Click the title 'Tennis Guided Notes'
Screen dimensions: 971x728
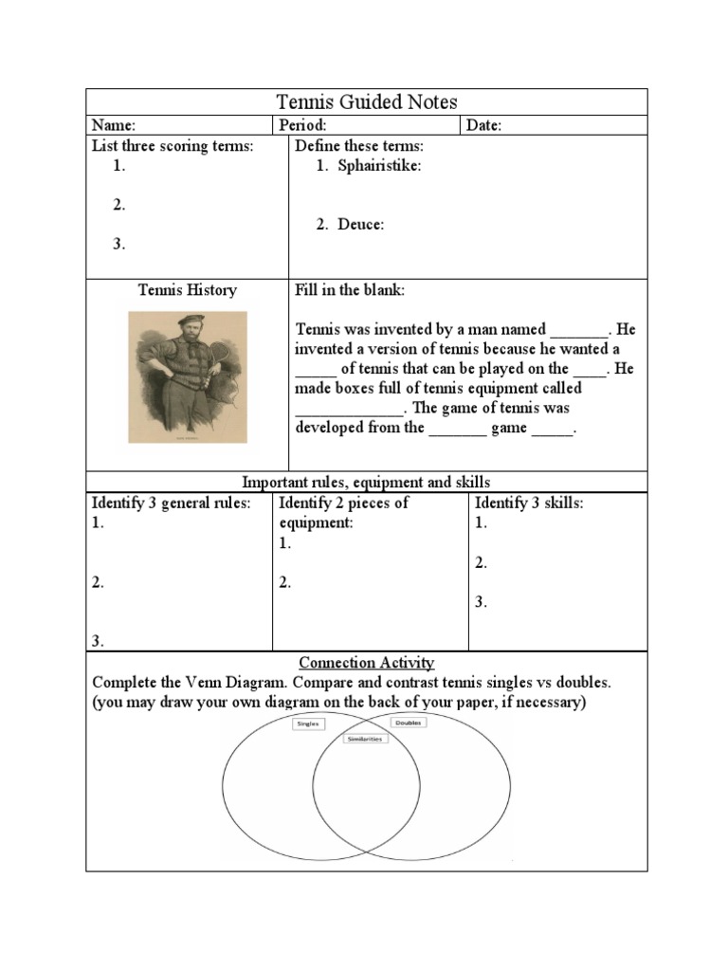pos(366,101)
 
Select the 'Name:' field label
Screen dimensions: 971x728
pos(113,125)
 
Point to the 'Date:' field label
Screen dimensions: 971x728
pos(483,125)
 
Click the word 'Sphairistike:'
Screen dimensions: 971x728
pos(379,166)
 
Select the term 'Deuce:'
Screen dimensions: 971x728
pos(361,225)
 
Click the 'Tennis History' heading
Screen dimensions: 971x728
pos(188,290)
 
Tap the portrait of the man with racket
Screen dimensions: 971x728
pos(188,376)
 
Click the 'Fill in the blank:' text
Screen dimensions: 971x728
pos(350,290)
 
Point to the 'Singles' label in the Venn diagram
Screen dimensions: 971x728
pos(308,724)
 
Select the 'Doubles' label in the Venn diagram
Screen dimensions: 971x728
pos(409,723)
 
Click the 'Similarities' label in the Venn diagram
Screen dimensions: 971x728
pos(365,738)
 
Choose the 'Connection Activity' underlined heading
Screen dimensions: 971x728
pos(367,663)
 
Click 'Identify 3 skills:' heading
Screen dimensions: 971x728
pos(529,503)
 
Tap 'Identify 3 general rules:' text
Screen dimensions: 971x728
pos(172,503)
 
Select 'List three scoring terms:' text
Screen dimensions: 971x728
pos(173,146)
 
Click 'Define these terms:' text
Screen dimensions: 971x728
pos(359,146)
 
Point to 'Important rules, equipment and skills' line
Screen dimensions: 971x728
pos(367,483)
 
